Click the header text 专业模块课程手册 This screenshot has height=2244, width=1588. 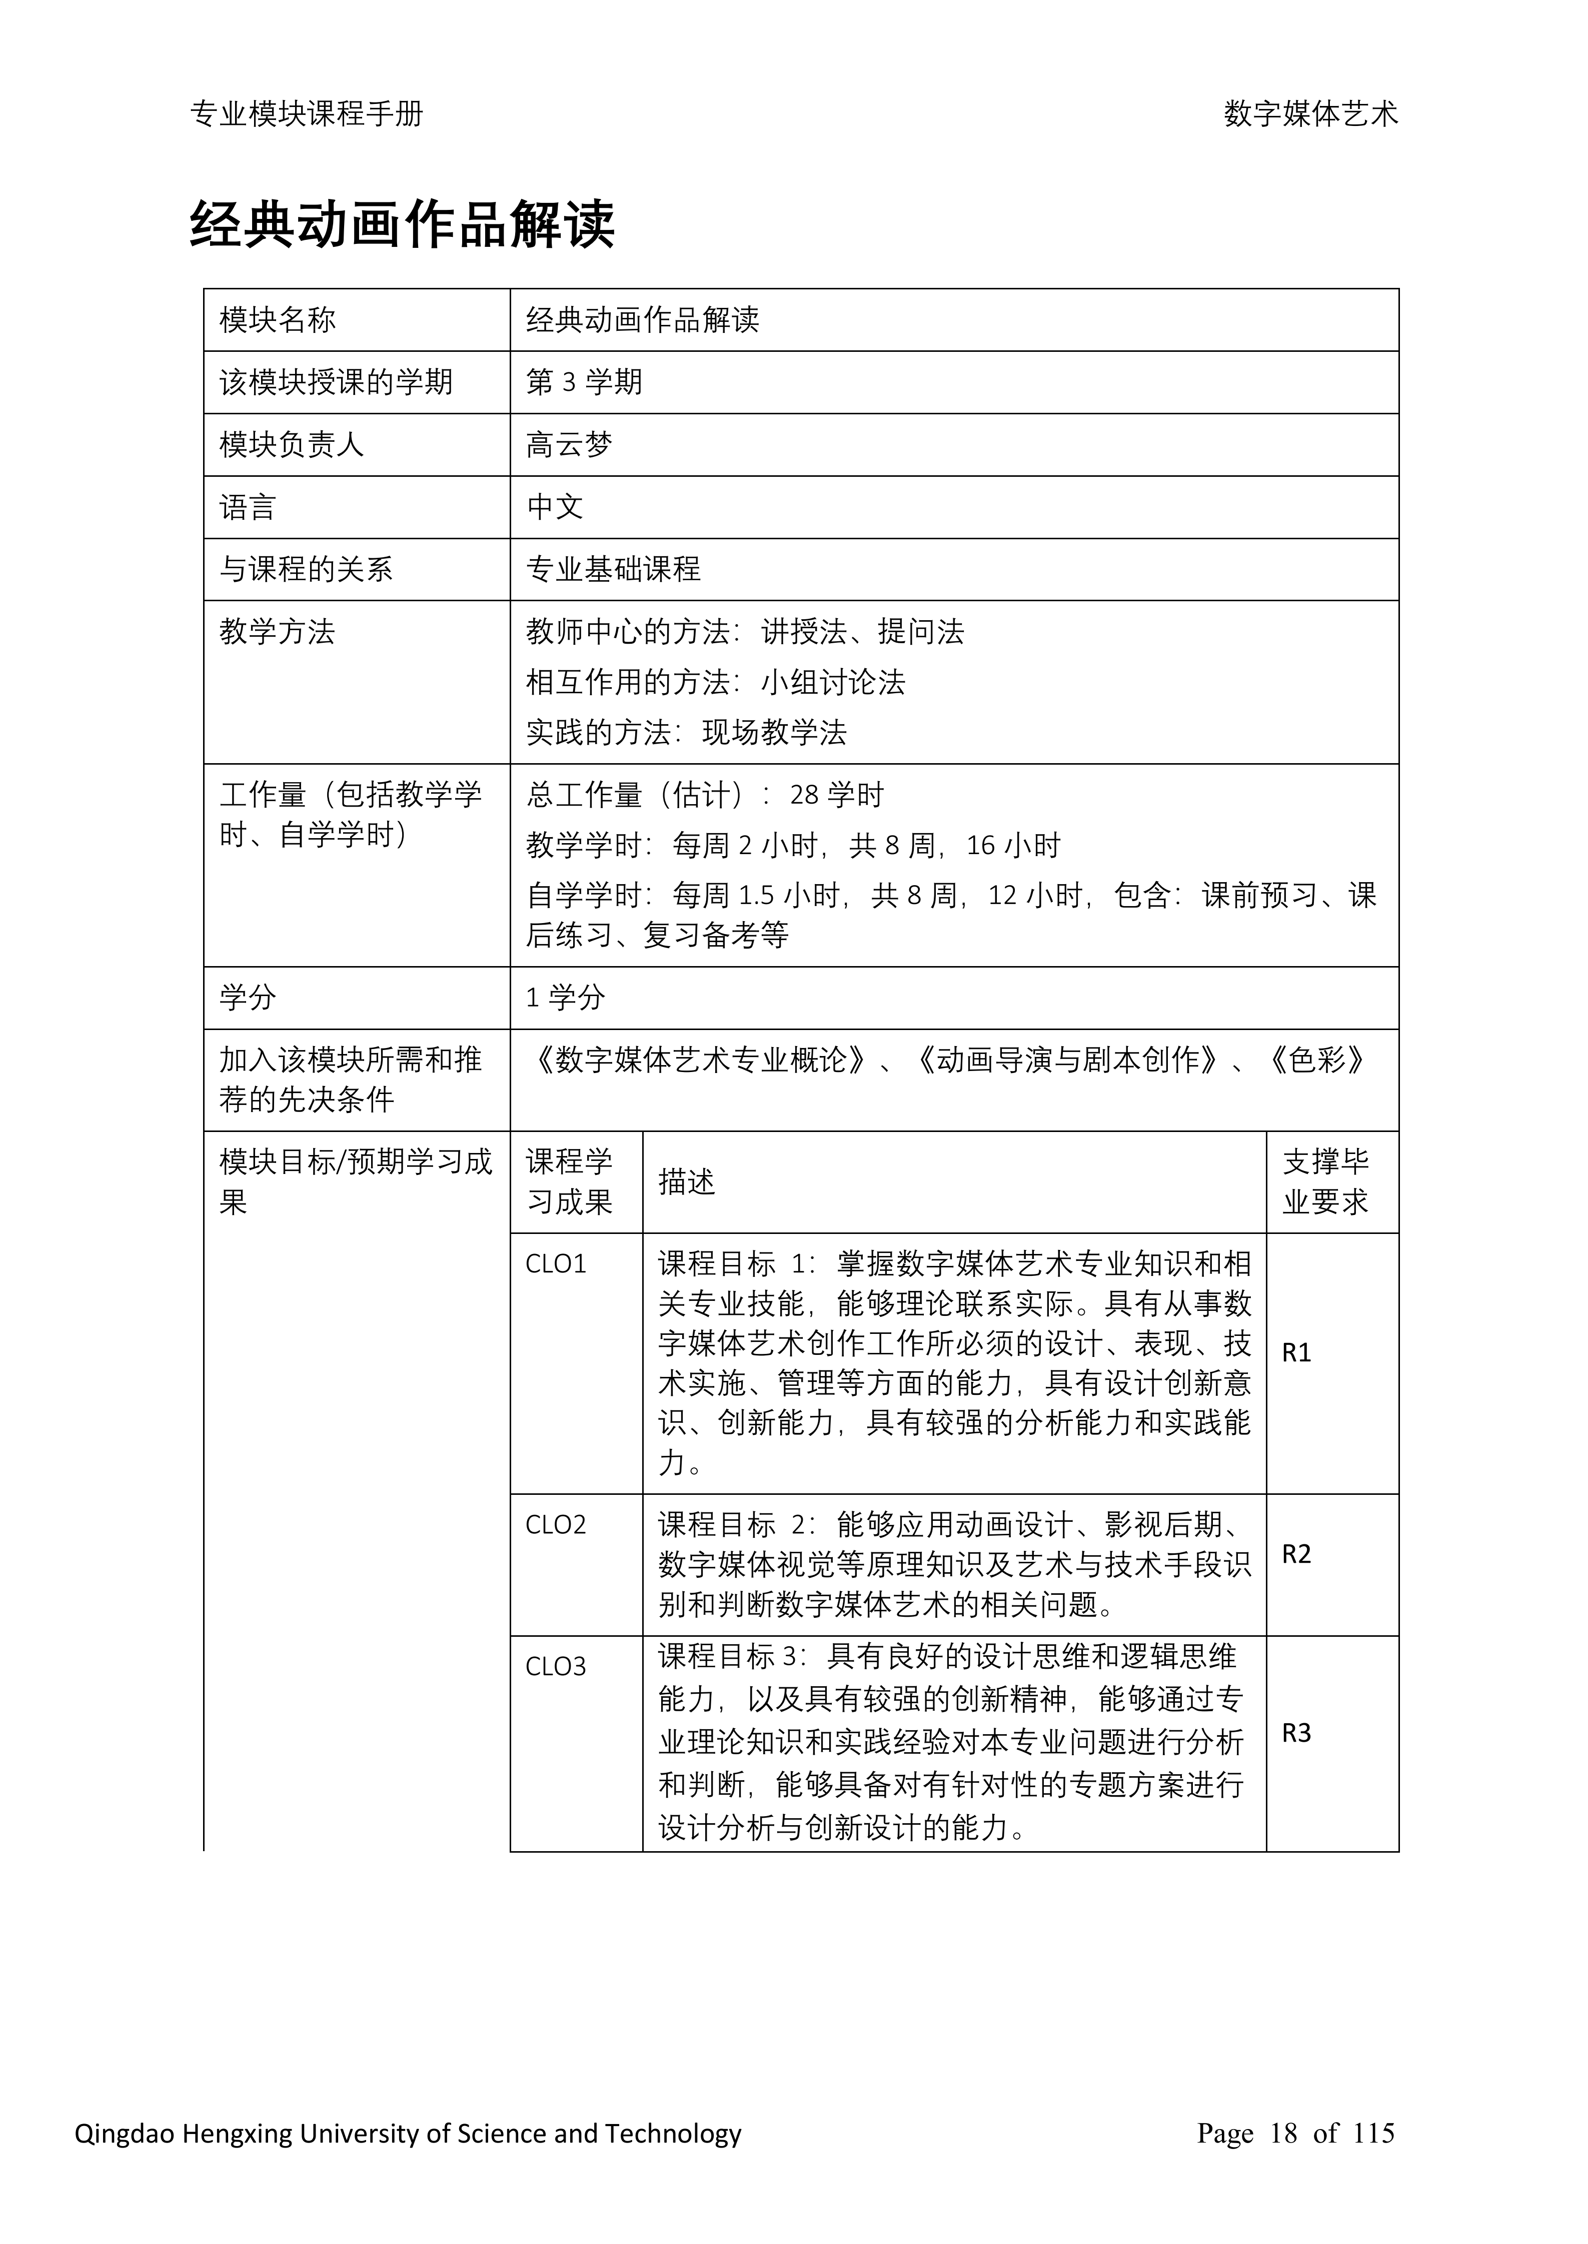click(306, 114)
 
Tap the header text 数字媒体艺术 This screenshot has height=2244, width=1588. click(1310, 114)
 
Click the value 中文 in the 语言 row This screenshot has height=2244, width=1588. click(555, 507)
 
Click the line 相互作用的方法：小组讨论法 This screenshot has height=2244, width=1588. click(715, 682)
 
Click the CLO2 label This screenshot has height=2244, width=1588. click(555, 1525)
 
